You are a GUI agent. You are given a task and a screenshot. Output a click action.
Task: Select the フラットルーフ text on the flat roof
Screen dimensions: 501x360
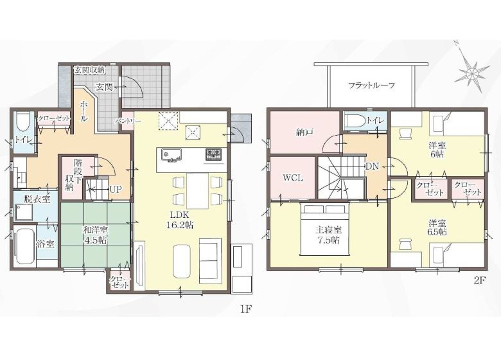(x=372, y=85)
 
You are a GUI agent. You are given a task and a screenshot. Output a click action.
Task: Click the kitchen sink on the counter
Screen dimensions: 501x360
(x=171, y=156)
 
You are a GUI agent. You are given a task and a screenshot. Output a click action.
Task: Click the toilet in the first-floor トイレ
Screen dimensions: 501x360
(x=22, y=122)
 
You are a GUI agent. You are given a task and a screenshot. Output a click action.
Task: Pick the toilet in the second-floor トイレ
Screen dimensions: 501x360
(x=356, y=121)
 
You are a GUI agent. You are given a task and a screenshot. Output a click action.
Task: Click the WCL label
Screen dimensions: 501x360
(x=293, y=178)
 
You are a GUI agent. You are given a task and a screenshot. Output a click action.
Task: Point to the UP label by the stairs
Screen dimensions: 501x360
(x=115, y=190)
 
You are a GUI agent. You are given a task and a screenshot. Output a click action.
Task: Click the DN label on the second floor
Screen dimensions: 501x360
(x=372, y=166)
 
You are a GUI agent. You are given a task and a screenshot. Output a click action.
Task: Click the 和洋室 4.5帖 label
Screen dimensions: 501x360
(x=96, y=235)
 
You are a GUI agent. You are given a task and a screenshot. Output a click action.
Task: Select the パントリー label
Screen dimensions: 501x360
(x=128, y=121)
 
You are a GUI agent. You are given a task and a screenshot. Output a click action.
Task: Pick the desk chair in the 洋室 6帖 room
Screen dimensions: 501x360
(x=405, y=133)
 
